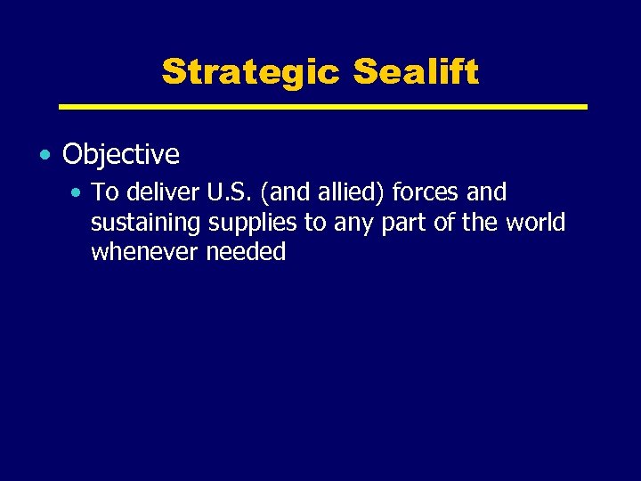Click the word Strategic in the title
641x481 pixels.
tap(252, 72)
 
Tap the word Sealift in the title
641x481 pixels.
tap(416, 72)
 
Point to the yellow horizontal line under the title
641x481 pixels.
tap(322, 107)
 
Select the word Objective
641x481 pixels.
tap(121, 155)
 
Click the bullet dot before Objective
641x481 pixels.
tap(45, 155)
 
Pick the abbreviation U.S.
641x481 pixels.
tap(228, 192)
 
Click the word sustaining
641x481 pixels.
tap(146, 223)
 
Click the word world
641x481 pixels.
tap(536, 222)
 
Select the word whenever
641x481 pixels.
tap(145, 252)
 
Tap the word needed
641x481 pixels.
tap(246, 252)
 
